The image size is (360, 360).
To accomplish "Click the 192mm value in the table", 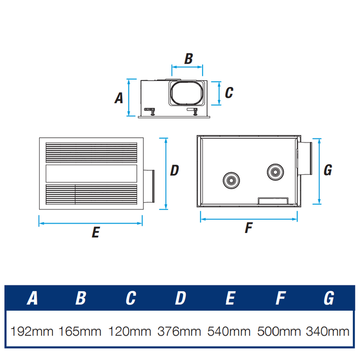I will [31, 330].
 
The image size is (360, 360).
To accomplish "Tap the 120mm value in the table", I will [130, 330].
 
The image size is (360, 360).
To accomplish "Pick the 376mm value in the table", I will [179, 330].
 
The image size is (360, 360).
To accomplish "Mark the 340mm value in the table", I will [328, 330].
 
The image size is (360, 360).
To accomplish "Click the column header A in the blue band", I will [33, 298].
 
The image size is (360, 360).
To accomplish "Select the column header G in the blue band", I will [329, 298].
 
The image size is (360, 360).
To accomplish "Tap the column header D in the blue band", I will [181, 298].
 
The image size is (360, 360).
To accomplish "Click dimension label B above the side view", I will [188, 59].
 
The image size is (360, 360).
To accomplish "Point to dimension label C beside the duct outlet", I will [229, 93].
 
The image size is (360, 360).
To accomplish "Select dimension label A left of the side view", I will [119, 98].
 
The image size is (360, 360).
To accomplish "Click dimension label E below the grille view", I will [95, 232].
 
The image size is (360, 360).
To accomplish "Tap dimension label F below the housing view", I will [249, 228].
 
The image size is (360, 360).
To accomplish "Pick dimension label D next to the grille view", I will [174, 170].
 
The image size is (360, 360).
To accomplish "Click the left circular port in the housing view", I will [230, 180].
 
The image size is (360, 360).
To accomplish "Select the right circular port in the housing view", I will [275, 172].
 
